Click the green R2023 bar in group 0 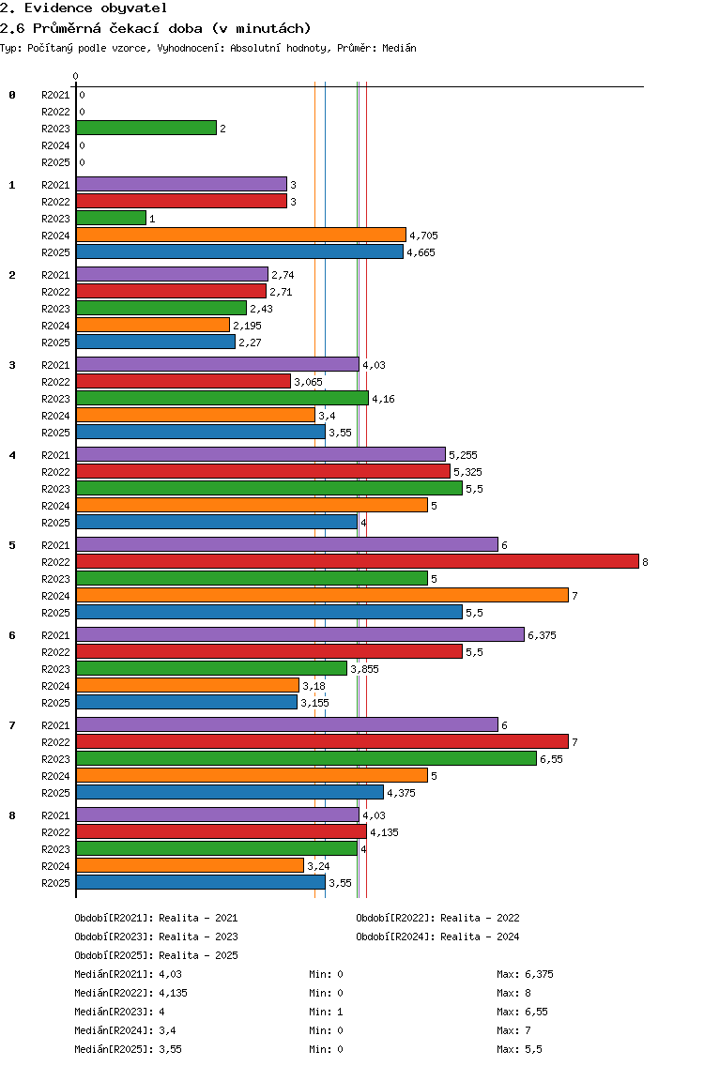[x=146, y=128]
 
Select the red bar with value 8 [x=358, y=561]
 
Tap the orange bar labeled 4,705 [x=241, y=236]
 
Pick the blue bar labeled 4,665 [x=240, y=252]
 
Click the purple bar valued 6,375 [x=300, y=635]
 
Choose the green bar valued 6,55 [x=307, y=759]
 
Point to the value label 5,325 [x=468, y=472]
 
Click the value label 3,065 [x=308, y=382]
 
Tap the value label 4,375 [x=402, y=793]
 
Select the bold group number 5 [x=12, y=545]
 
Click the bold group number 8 [x=12, y=815]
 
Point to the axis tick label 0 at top [x=75, y=76]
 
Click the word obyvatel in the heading [x=134, y=8]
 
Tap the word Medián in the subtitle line [x=399, y=48]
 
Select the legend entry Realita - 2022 [x=480, y=918]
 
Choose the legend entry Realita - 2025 [x=198, y=955]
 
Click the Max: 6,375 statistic [x=525, y=974]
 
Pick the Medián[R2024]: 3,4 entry [x=125, y=1030]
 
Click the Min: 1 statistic [x=326, y=1012]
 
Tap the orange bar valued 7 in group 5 [x=322, y=596]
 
